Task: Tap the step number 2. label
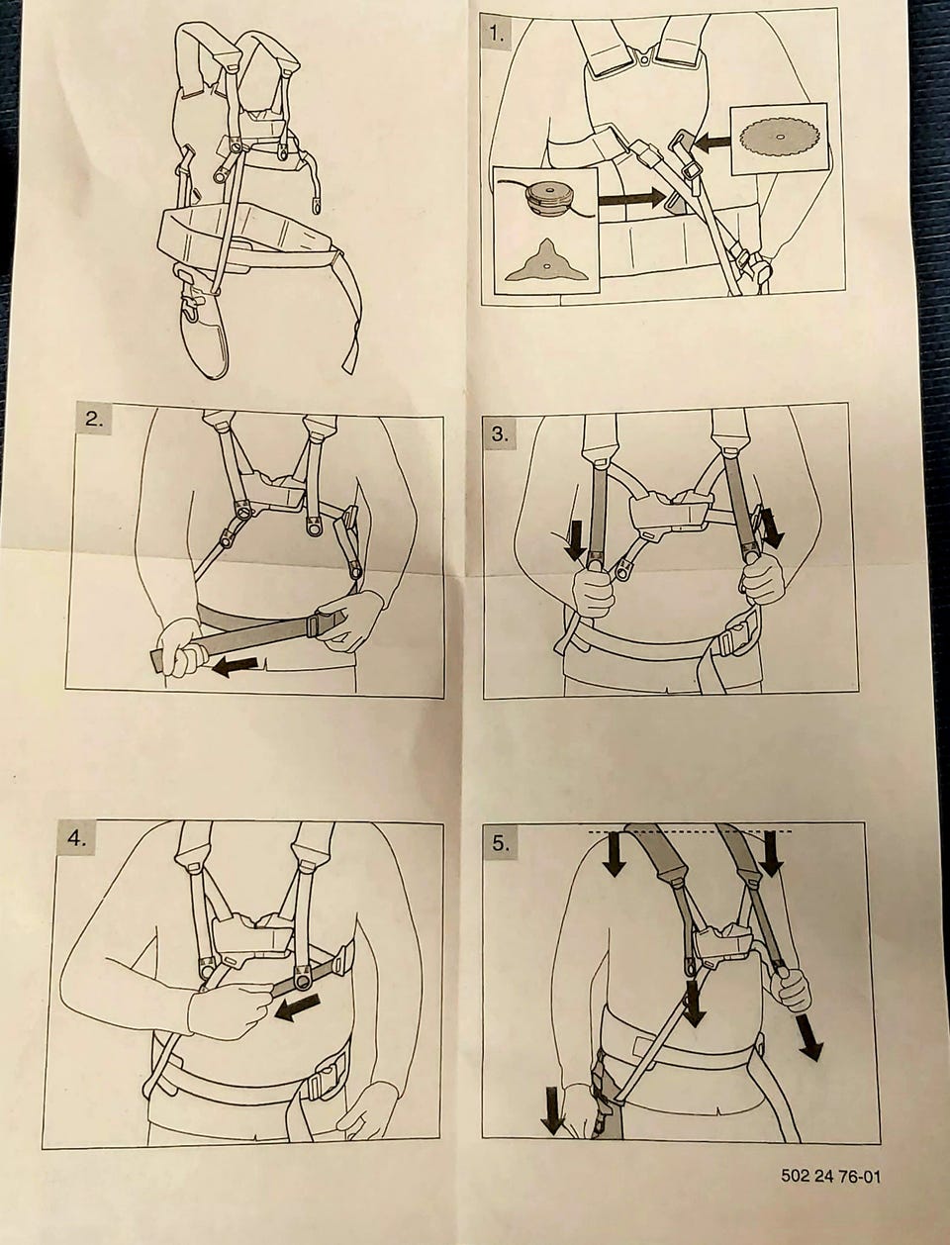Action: [94, 421]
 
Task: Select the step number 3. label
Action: [501, 434]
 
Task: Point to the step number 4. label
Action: [76, 838]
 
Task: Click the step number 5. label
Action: [501, 843]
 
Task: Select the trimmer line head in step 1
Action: [549, 198]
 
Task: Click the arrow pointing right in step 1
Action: [631, 199]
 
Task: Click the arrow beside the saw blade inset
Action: [712, 142]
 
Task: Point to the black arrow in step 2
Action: [235, 666]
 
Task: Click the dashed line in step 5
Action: [691, 831]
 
